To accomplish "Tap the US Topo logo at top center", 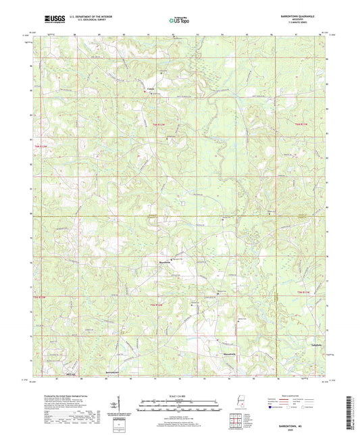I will pos(179,21).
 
